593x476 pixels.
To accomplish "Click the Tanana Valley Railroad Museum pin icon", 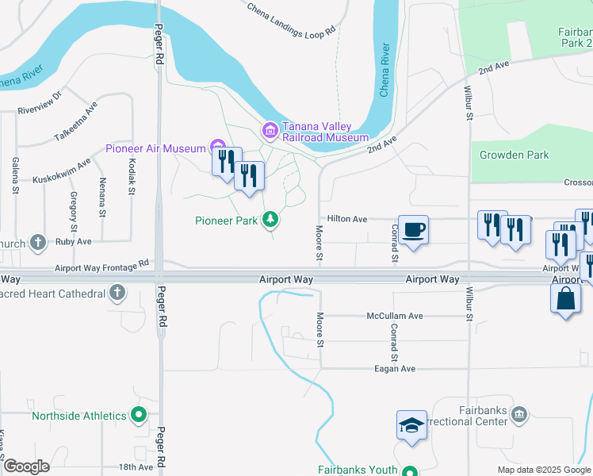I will click(270, 129).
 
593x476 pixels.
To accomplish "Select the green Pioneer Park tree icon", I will click(270, 218).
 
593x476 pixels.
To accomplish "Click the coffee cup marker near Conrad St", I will click(413, 231).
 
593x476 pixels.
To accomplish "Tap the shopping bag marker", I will click(564, 300).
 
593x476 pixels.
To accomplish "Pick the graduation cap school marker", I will click(412, 426).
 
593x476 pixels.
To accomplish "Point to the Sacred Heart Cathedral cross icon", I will click(118, 294).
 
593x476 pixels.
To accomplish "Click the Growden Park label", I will click(514, 155).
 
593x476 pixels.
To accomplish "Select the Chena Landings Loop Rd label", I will click(291, 21).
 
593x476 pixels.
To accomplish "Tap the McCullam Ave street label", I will click(395, 316).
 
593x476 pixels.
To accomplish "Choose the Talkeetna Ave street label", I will click(76, 121).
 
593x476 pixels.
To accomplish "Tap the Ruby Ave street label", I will click(74, 241).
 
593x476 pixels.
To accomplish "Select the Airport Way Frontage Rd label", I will click(101, 265).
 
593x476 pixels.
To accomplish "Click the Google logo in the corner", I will click(25, 466).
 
